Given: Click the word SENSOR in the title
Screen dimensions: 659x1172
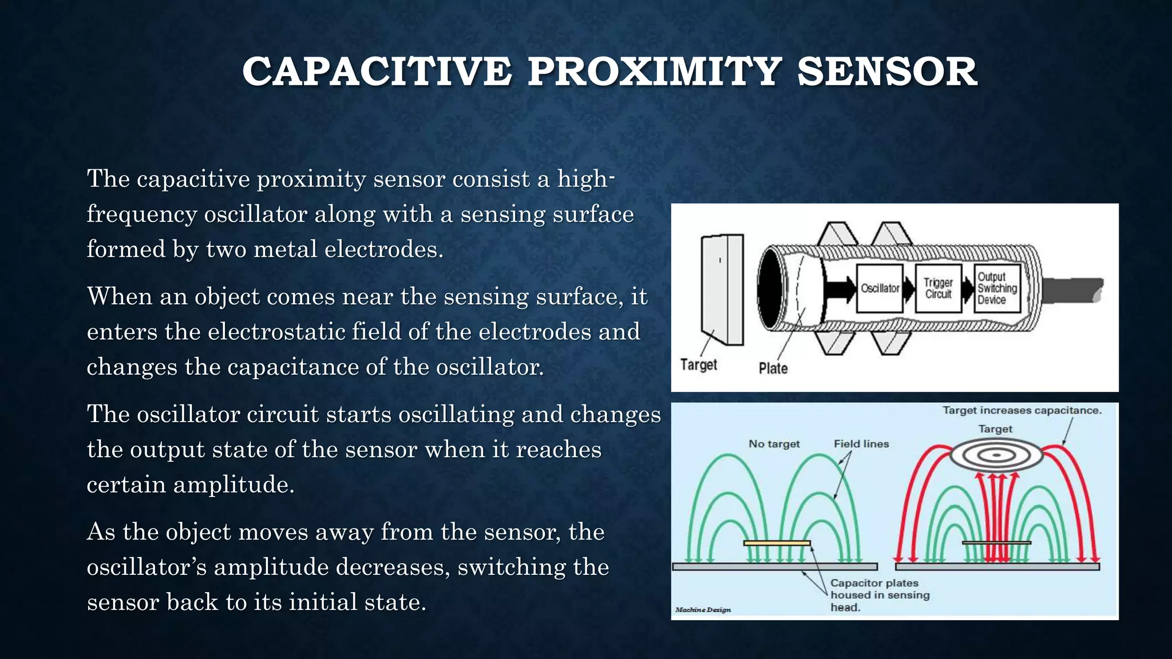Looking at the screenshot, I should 887,72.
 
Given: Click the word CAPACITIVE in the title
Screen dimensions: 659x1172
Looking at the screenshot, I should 376,72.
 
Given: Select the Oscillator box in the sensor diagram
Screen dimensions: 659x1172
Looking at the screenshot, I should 880,288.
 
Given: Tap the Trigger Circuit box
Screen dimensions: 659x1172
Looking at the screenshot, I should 938,288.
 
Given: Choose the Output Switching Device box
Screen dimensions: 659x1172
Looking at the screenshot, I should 997,288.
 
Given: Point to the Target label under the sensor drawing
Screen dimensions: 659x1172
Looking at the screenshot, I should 698,365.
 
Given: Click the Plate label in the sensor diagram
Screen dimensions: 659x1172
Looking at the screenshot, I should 773,368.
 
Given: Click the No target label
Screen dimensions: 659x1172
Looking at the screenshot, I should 774,444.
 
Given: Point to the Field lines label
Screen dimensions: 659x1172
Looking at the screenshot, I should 861,444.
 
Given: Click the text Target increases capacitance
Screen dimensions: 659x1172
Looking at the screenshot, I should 1021,410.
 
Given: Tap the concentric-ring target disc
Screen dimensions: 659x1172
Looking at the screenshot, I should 996,456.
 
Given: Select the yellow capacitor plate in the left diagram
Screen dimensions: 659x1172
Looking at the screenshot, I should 777,543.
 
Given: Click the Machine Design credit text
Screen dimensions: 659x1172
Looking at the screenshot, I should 703,610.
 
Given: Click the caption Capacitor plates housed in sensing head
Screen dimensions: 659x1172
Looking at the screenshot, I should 880,595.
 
